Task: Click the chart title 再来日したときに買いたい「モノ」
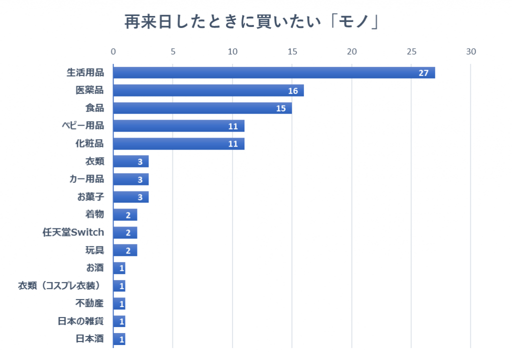(251, 22)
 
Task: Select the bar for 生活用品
(274, 72)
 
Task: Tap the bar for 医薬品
(208, 90)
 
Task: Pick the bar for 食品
(202, 108)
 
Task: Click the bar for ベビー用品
(178, 126)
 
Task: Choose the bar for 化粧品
(178, 143)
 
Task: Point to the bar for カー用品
(131, 179)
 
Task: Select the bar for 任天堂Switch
(125, 232)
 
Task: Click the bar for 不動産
(119, 304)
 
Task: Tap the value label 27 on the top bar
(423, 73)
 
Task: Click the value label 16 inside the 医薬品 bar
(293, 91)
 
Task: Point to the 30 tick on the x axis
(471, 51)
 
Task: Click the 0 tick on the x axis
(113, 51)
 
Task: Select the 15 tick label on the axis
(292, 51)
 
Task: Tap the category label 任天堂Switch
(73, 232)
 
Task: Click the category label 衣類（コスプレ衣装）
(59, 285)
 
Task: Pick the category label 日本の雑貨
(80, 321)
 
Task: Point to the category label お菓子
(90, 196)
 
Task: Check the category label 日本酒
(89, 339)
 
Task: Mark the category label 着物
(94, 214)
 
